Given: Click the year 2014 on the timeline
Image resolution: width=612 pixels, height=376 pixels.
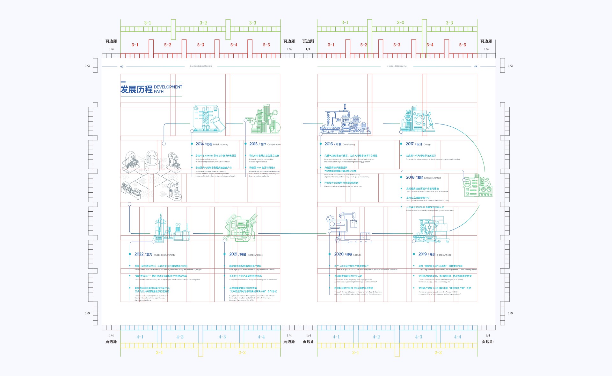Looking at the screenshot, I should (200, 144).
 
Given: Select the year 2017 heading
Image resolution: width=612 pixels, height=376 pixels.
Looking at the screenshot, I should (410, 144).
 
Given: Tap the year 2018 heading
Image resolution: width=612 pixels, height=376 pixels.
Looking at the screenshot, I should (410, 177).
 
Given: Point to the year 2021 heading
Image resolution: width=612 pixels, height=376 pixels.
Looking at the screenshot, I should (233, 254).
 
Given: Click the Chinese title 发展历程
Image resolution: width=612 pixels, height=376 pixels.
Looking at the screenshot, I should (136, 89).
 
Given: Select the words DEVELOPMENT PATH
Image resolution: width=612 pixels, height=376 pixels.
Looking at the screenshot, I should (168, 89).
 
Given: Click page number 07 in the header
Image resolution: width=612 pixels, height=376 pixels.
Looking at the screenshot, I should (122, 67).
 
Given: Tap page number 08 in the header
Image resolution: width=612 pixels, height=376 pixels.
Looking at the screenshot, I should (476, 67).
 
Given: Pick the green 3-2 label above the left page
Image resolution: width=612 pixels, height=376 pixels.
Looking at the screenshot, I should (203, 23).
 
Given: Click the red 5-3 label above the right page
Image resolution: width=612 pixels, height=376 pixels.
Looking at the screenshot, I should (397, 45).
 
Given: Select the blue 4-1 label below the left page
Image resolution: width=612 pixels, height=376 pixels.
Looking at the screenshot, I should (140, 337).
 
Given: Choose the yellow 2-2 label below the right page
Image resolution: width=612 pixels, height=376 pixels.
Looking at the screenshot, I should (438, 352).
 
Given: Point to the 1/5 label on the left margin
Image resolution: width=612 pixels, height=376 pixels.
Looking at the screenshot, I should (87, 313).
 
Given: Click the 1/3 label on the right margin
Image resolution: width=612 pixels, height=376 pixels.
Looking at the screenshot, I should (510, 66).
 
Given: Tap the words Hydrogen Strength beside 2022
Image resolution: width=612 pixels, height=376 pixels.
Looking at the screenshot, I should (164, 255).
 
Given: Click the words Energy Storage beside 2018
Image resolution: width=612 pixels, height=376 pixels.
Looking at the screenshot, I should (432, 178).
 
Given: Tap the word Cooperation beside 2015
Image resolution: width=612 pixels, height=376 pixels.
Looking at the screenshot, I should (274, 145).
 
